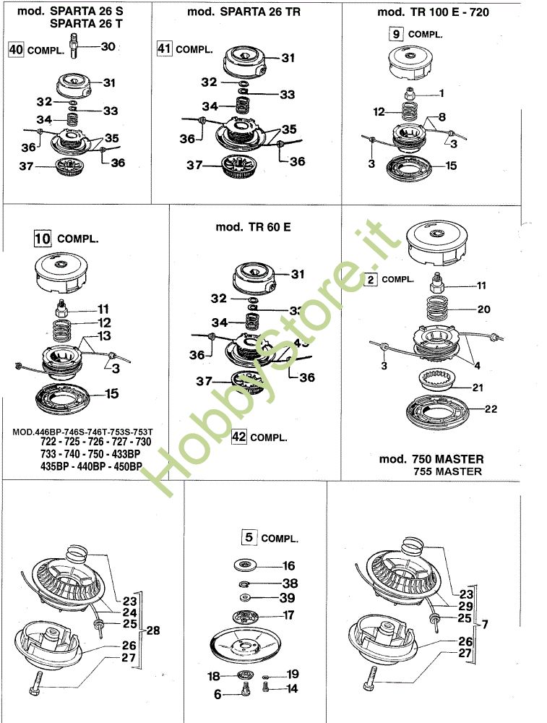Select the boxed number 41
coord(165,48)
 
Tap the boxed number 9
coord(396,33)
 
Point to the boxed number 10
coord(43,237)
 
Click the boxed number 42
coord(240,436)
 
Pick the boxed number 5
coord(249,537)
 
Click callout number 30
coord(108,46)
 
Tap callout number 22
coord(491,409)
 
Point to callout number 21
coord(478,388)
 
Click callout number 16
coord(288,565)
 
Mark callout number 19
coord(292,674)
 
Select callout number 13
coord(105,336)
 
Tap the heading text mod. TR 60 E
coord(253,226)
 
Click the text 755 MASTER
coord(447,471)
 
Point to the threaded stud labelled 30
coord(76,51)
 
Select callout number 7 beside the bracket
coord(486,623)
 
